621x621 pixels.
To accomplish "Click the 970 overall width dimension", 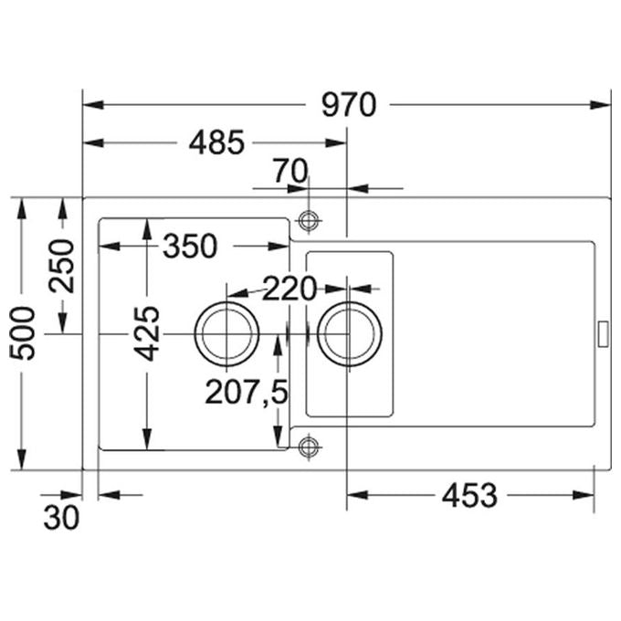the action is [349, 105].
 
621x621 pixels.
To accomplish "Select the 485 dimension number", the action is [216, 142].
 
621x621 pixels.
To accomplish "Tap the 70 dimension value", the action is [291, 171].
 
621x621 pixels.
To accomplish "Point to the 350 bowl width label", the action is [190, 247].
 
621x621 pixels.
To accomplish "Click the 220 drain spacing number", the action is [289, 289].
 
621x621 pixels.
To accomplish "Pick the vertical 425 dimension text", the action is [146, 333].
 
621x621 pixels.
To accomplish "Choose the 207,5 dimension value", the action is [247, 392].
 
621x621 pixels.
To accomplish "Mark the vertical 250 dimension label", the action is [62, 266].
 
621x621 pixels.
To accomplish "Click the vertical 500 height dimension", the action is [22, 333].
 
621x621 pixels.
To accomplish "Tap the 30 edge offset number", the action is [61, 518].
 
